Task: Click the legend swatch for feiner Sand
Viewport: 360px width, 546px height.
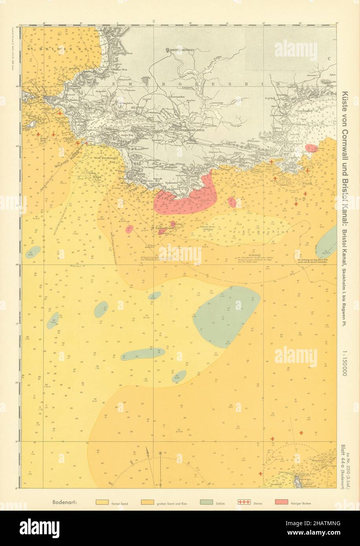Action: click(102, 502)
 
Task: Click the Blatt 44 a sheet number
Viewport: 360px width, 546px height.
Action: click(345, 459)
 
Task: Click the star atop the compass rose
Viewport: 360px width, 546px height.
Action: click(160, 453)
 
